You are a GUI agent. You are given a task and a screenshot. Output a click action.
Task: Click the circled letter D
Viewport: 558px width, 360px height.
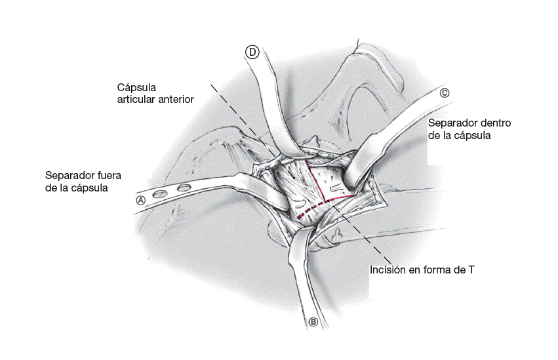[x=252, y=52]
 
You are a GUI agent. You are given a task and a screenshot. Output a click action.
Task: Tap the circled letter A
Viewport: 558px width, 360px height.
[x=140, y=201]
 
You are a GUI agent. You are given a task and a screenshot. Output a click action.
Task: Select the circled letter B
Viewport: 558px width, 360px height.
[x=313, y=321]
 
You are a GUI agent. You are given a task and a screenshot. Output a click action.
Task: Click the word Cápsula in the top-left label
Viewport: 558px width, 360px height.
[x=137, y=87]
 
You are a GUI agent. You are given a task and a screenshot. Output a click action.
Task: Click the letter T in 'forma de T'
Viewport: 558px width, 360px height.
[x=471, y=270]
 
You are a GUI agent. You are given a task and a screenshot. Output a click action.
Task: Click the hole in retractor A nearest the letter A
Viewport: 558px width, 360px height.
[x=159, y=195]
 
